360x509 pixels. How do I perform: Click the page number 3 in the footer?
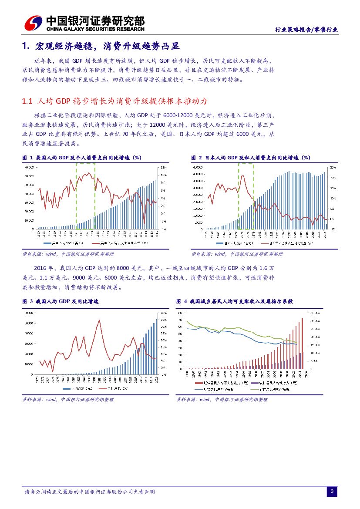[x=332, y=492]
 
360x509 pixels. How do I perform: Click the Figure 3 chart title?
[x=61, y=301]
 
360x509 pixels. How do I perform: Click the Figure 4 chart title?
[x=235, y=301]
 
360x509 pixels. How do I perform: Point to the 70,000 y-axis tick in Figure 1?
[x=30, y=167]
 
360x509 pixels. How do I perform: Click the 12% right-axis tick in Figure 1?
[x=163, y=167]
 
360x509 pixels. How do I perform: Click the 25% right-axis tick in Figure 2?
[x=332, y=167]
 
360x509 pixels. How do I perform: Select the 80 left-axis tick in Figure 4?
[x=180, y=313]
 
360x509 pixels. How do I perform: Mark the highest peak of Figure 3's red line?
[x=101, y=320]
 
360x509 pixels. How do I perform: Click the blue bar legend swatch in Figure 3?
[x=66, y=388]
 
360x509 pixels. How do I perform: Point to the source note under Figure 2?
[x=237, y=254]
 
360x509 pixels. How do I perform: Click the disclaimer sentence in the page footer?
[x=90, y=492]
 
